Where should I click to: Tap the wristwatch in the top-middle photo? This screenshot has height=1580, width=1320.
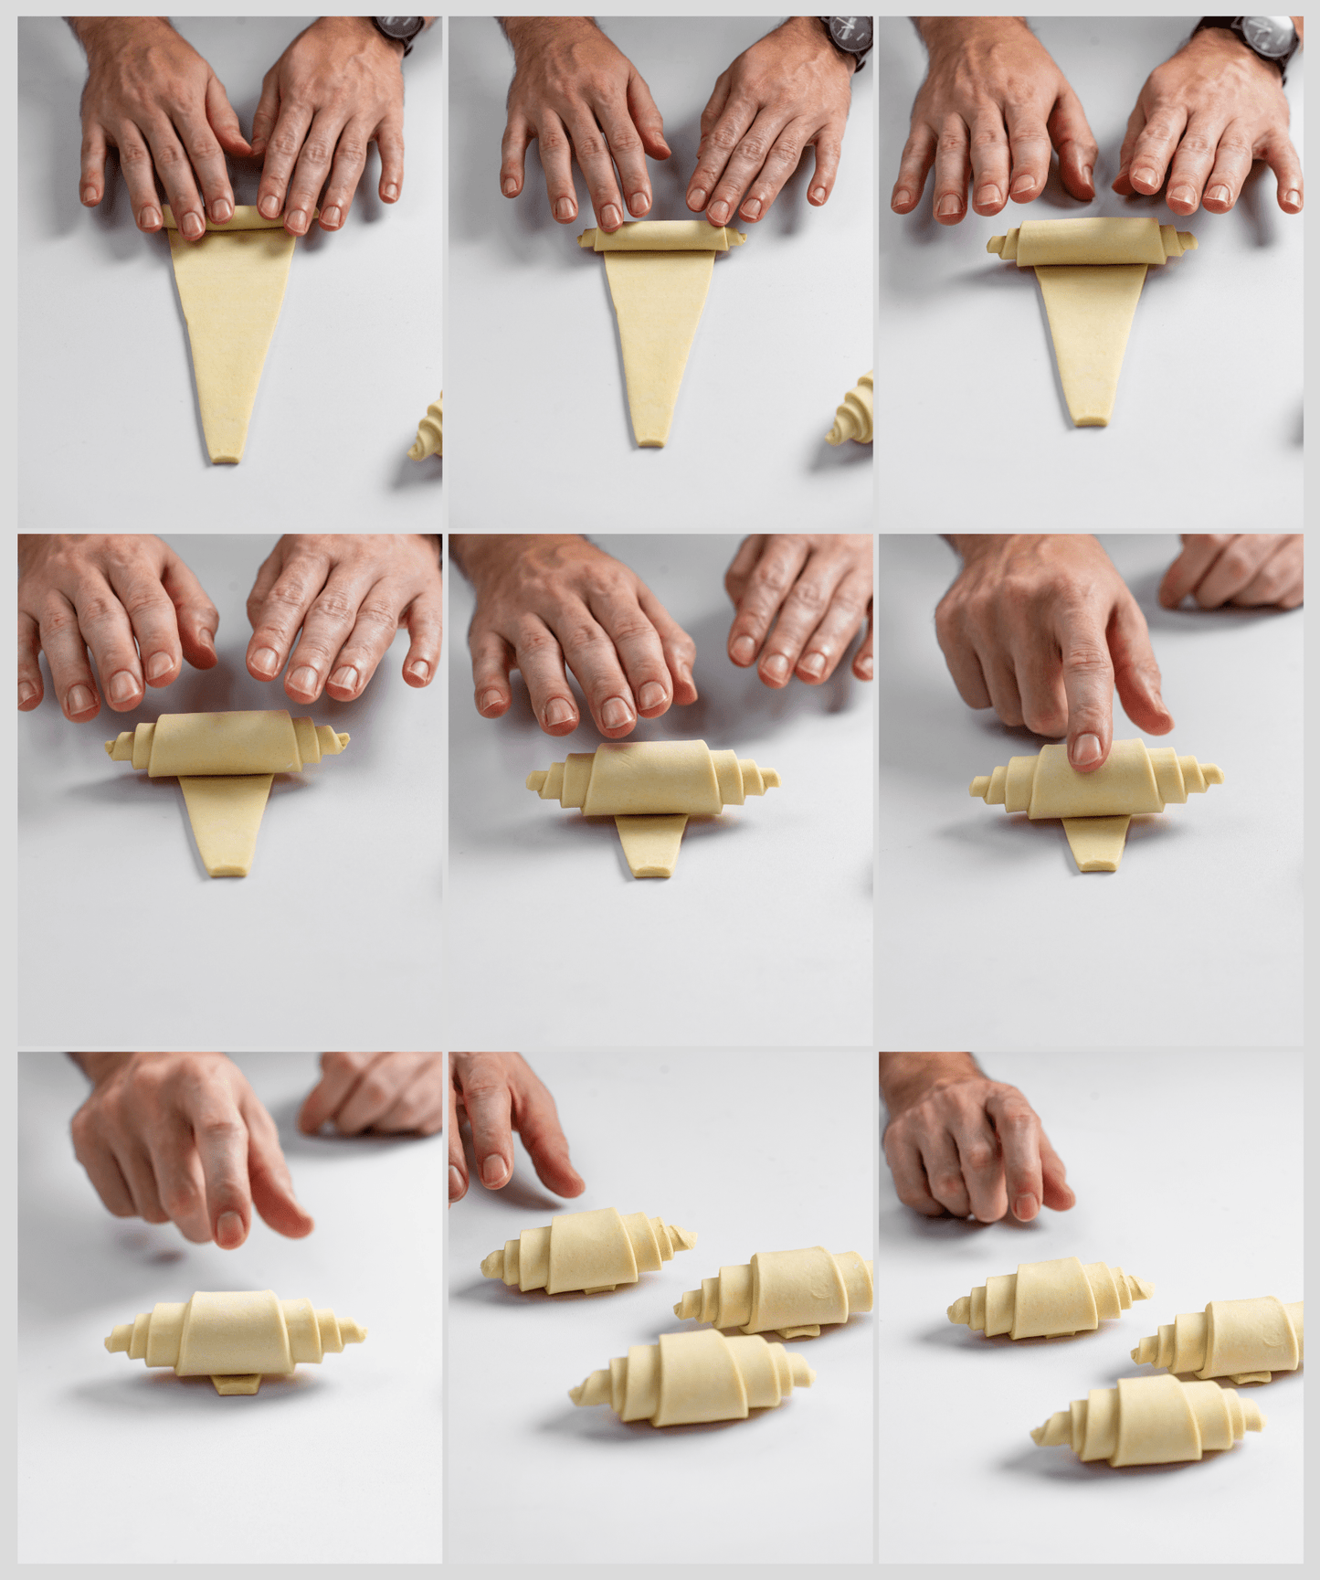pos(846,38)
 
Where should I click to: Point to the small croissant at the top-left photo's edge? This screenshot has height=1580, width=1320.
pos(428,430)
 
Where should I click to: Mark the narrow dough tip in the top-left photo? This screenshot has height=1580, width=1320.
pos(225,451)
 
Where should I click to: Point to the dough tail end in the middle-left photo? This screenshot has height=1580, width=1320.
pos(224,864)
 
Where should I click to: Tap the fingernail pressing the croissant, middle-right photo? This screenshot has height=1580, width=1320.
pos(1086,750)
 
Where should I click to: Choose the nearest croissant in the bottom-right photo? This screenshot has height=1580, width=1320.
pos(1151,1420)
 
